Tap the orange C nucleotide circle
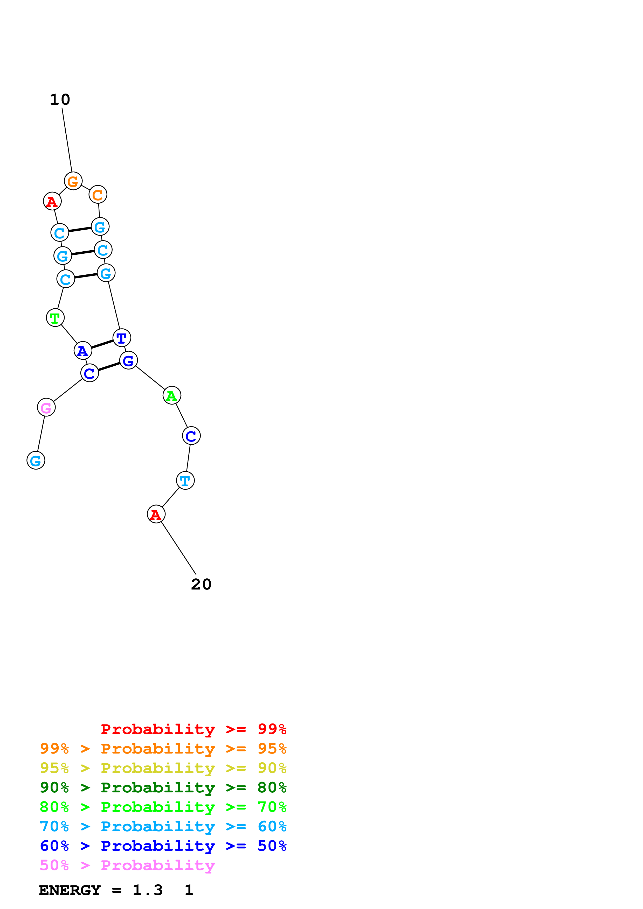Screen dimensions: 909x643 point(98,194)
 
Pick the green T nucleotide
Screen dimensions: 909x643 point(55,317)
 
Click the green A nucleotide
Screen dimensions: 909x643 point(171,395)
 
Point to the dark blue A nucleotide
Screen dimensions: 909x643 point(83,350)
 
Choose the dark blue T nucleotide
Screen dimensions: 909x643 point(122,338)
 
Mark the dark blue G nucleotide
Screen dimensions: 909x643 point(128,360)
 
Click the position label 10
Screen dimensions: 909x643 point(60,99)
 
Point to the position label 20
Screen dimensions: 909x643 point(201,584)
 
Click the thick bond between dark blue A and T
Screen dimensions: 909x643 point(102,344)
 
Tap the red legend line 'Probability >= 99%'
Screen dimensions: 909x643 point(193,729)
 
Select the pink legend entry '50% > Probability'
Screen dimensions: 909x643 point(127,865)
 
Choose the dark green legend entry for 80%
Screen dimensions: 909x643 point(163,787)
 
